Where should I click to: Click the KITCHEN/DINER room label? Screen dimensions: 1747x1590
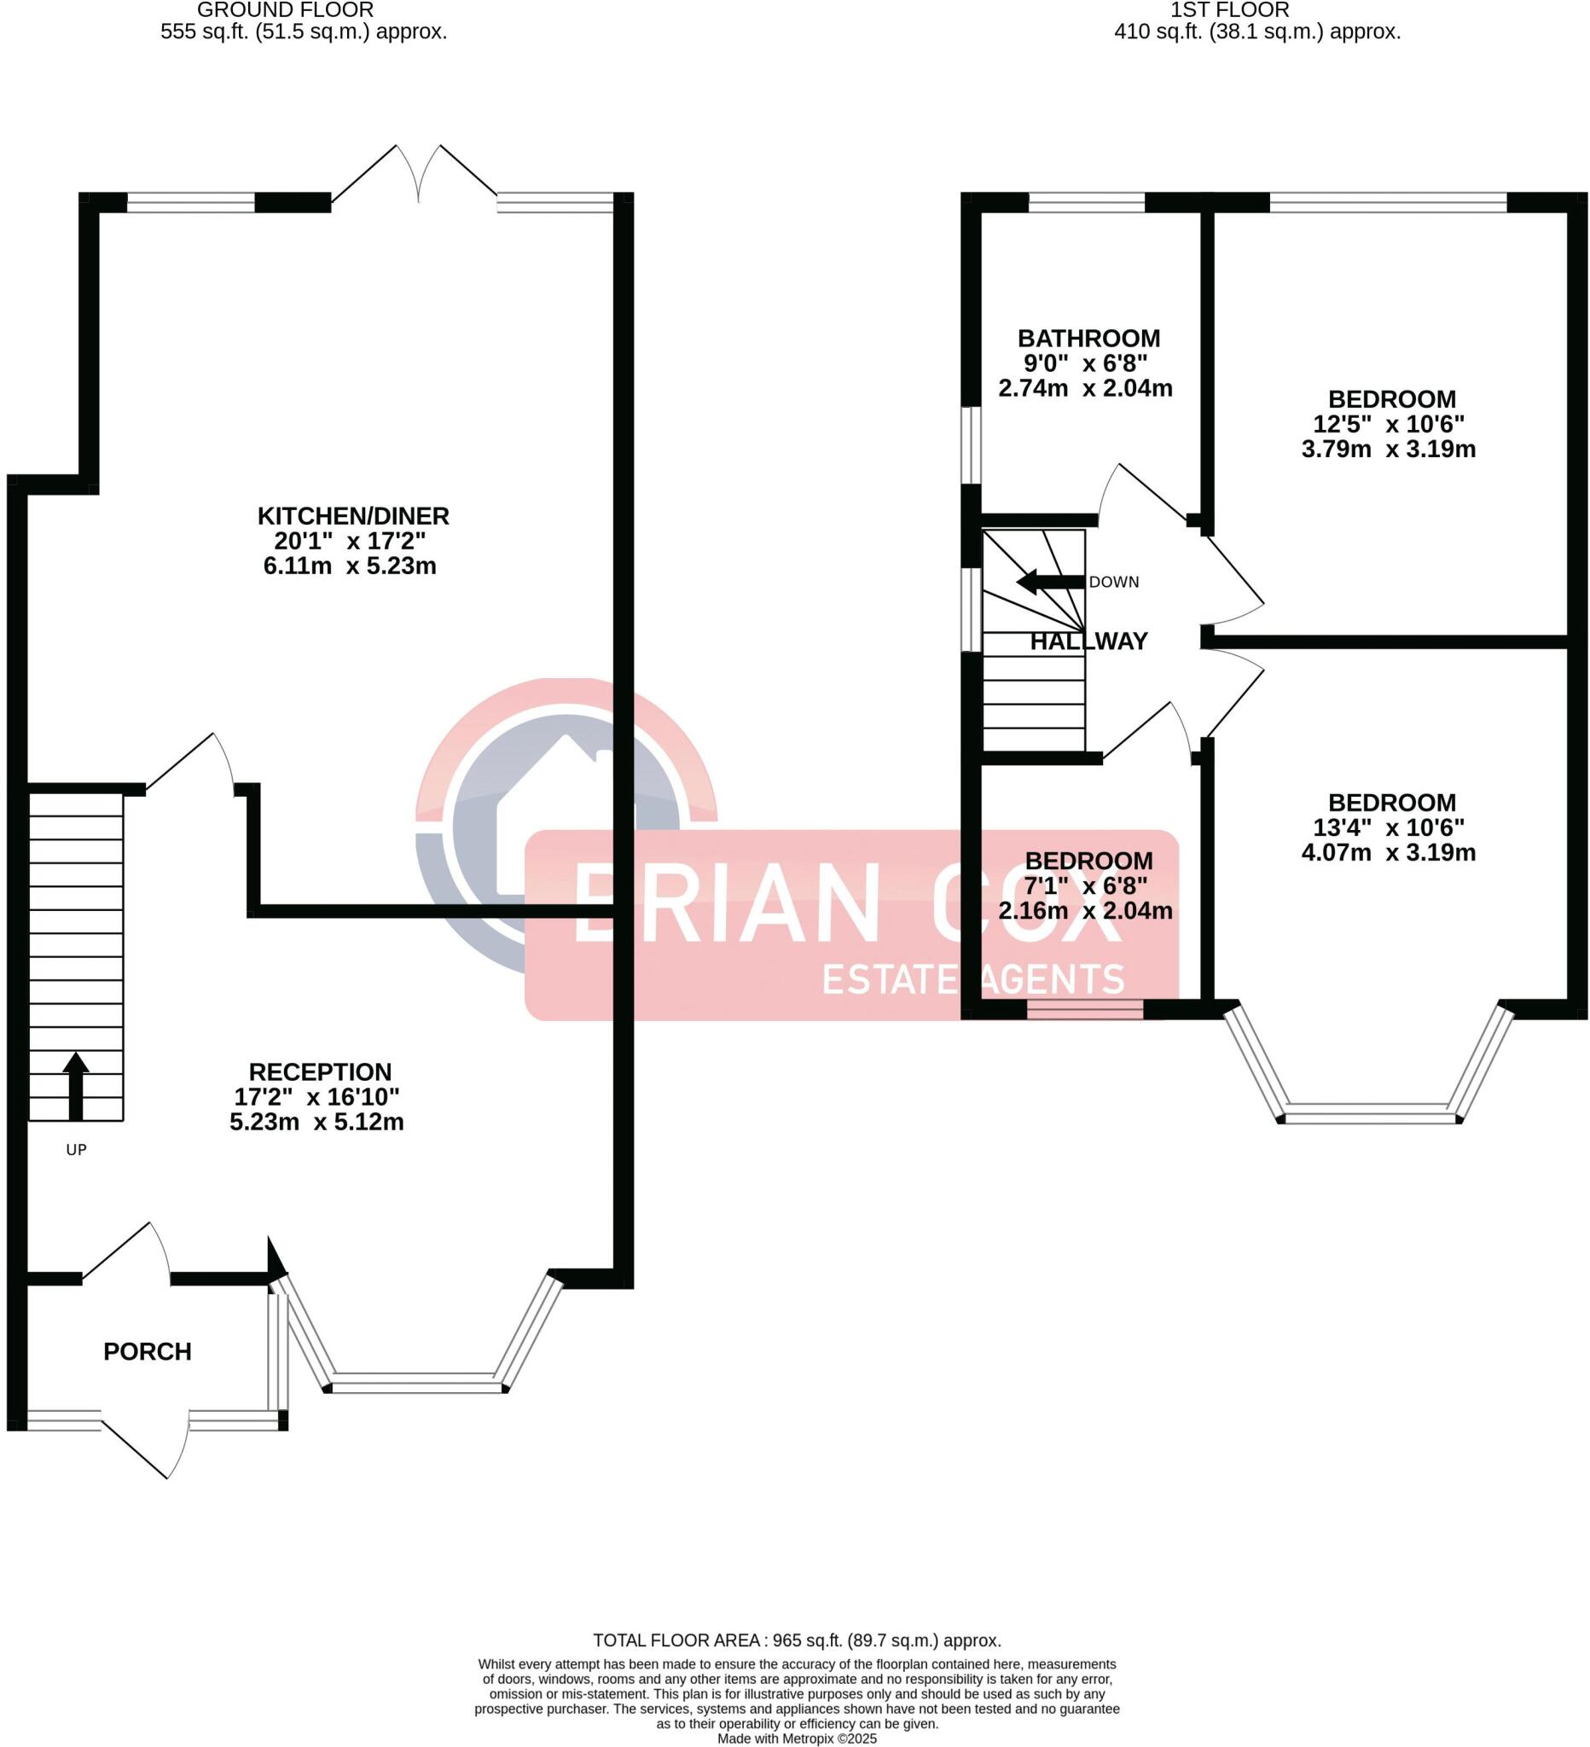[x=352, y=516]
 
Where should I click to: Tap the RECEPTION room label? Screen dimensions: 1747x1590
[x=320, y=1072]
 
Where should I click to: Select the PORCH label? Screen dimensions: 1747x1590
[x=148, y=1352]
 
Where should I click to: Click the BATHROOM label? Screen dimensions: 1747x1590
[x=1088, y=338]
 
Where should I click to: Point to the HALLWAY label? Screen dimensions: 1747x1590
[x=1088, y=641]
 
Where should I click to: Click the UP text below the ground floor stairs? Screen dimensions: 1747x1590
[x=76, y=1150]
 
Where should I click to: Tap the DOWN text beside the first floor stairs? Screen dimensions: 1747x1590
[x=1113, y=583]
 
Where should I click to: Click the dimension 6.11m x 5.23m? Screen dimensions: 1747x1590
[x=349, y=566]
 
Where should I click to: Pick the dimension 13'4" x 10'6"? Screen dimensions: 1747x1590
[x=1388, y=827]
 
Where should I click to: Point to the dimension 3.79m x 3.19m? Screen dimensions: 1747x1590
[x=1388, y=449]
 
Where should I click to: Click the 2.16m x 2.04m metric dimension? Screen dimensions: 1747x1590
[x=1085, y=911]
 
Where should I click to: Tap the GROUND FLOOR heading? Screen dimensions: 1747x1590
[x=285, y=10]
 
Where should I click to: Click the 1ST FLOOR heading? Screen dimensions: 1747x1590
[x=1229, y=10]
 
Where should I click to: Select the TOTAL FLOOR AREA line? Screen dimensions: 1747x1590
[x=797, y=1640]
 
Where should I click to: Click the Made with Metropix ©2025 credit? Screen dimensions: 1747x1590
[x=797, y=1738]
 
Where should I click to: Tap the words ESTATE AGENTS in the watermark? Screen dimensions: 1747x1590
[x=972, y=979]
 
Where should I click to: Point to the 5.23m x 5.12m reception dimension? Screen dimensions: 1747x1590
[x=316, y=1123]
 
